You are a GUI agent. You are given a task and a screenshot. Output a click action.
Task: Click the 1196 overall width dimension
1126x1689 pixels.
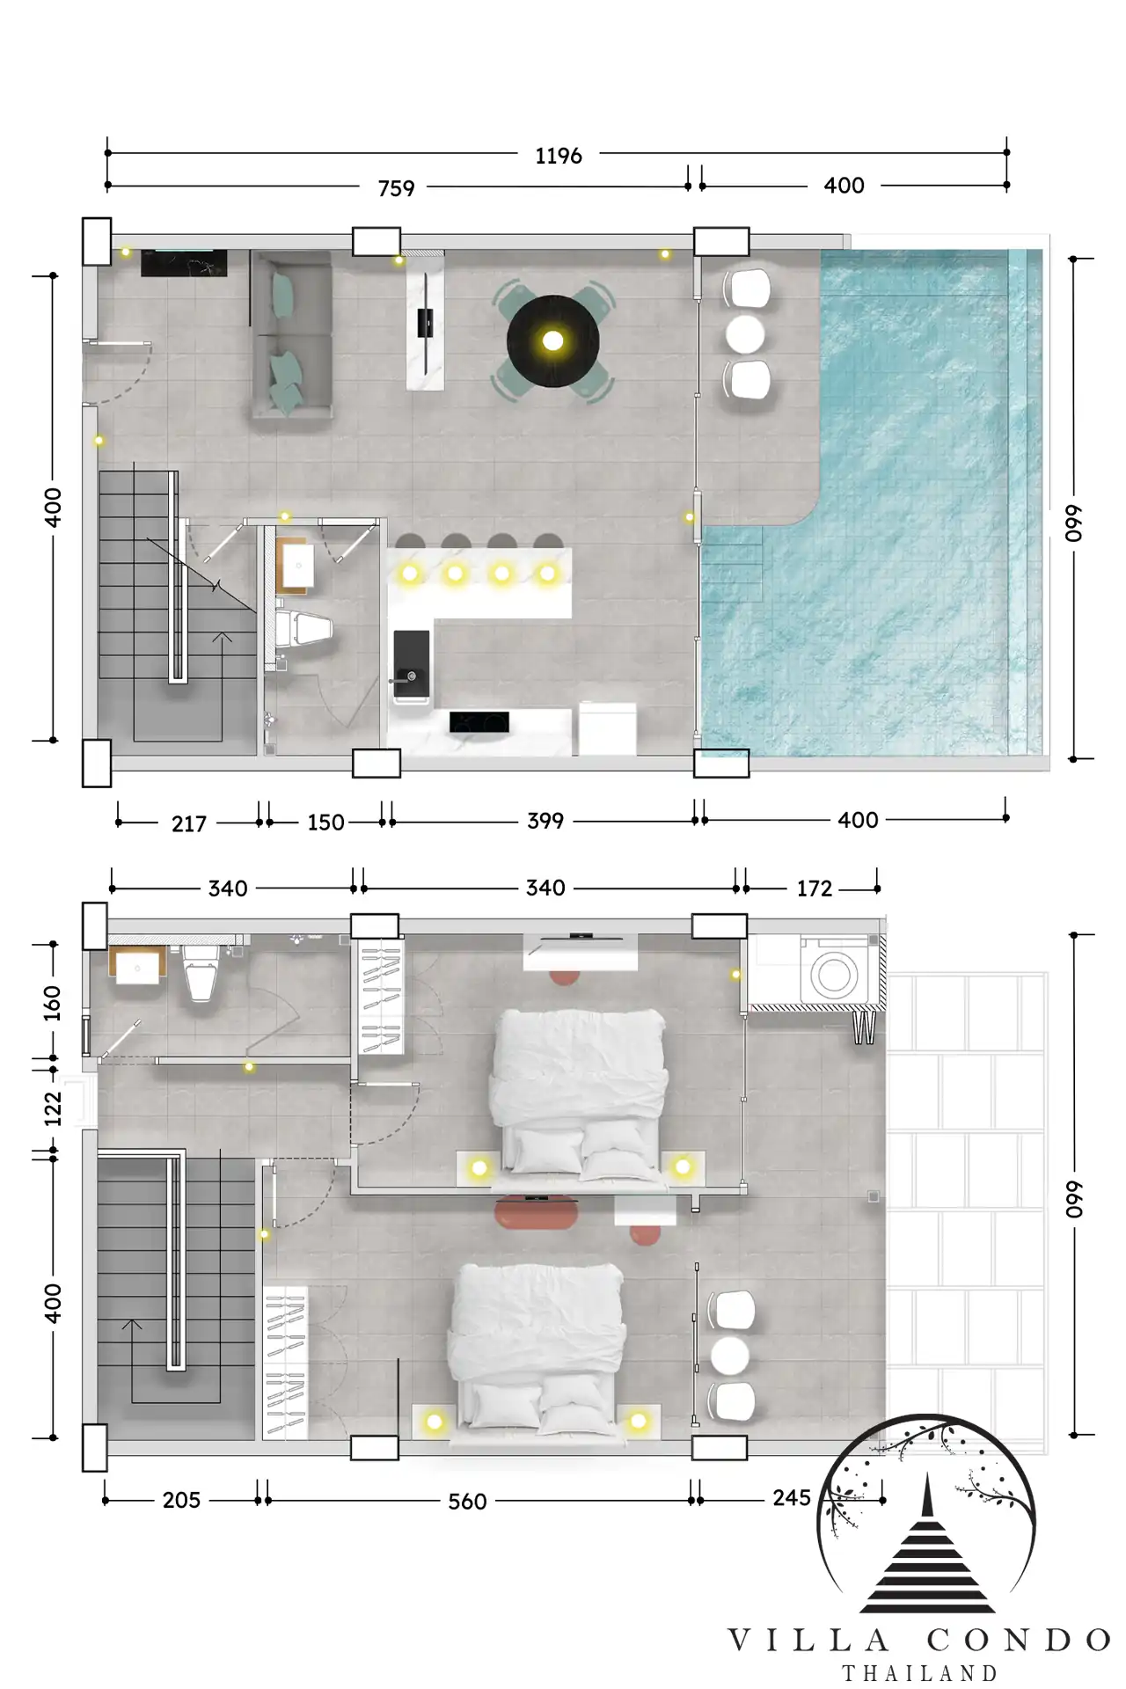tap(559, 156)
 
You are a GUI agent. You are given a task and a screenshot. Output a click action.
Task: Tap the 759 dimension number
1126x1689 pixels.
tap(396, 188)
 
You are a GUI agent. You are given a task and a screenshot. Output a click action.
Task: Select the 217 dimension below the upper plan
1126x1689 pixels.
tap(189, 823)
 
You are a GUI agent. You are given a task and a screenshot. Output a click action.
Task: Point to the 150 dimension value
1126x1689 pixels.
tap(325, 823)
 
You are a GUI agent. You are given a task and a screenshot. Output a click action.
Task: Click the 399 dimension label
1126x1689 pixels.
tap(545, 821)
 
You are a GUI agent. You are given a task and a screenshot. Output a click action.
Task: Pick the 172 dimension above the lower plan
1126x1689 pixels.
tap(815, 888)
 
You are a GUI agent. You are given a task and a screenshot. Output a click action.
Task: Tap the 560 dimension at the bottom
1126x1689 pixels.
tap(467, 1501)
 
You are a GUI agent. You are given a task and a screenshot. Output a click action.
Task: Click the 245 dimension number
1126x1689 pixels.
tap(792, 1497)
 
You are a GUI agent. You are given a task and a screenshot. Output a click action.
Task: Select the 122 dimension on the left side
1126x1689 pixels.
tap(54, 1109)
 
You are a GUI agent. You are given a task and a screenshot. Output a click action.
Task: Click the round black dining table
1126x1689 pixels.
tap(553, 340)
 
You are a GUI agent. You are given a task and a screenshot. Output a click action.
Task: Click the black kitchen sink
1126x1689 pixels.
tap(412, 664)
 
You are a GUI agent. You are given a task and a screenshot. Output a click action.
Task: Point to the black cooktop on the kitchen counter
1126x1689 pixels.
tap(479, 722)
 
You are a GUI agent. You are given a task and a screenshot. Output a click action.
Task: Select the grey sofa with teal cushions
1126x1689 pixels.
tap(291, 334)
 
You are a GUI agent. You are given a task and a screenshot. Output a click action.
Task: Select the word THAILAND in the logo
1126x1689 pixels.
tap(920, 1673)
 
